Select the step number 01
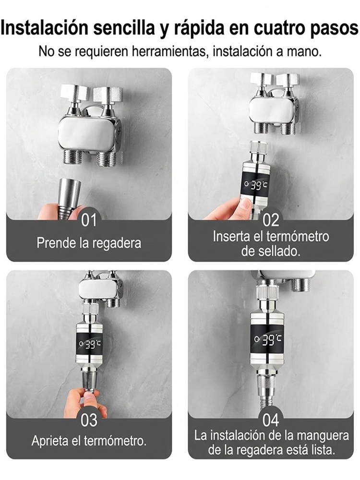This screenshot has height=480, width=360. click(x=89, y=220)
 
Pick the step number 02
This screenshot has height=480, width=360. click(x=271, y=220)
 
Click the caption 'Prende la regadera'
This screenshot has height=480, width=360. click(x=89, y=243)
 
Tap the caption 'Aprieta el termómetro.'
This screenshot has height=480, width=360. click(x=89, y=441)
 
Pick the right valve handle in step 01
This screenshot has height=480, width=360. click(x=108, y=94)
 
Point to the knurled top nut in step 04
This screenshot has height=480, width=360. click(x=266, y=293)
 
